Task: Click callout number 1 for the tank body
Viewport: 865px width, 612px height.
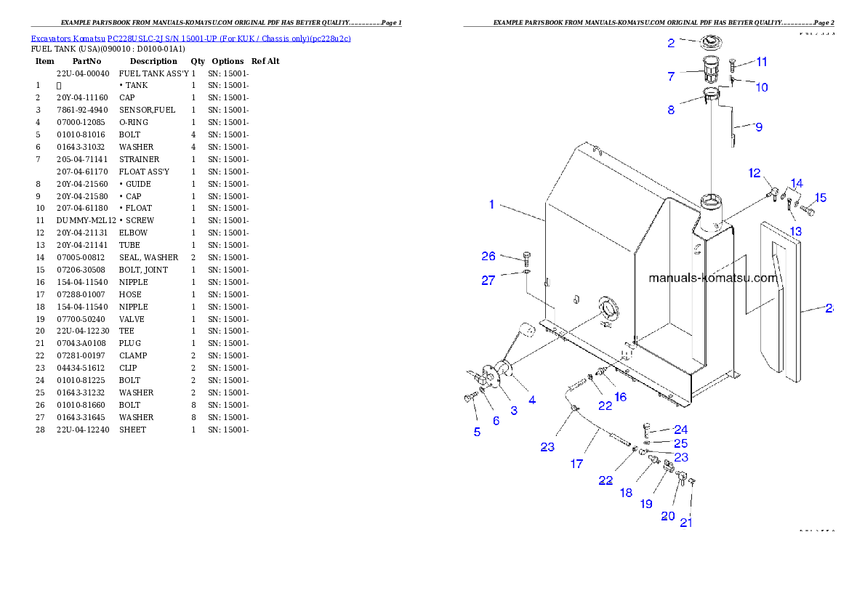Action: [x=491, y=204]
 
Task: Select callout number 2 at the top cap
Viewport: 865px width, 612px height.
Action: [x=671, y=43]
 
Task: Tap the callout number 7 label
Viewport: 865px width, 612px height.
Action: [x=671, y=76]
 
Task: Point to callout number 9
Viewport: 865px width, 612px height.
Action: [x=758, y=127]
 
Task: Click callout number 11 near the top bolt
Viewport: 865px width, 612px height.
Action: [x=761, y=62]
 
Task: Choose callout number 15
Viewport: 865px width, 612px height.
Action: [x=820, y=197]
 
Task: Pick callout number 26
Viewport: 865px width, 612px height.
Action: [x=488, y=256]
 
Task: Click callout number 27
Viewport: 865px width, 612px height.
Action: [x=488, y=281]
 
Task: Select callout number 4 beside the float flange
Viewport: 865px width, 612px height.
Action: [x=532, y=400]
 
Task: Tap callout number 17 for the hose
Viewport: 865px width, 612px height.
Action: [x=576, y=463]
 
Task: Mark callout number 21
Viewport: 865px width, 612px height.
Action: [x=685, y=522]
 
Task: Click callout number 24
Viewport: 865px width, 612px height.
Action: [x=680, y=430]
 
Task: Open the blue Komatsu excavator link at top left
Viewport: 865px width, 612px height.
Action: [x=190, y=38]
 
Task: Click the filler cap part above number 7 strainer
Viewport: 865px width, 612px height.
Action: [x=710, y=43]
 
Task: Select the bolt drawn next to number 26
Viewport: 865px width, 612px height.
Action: [x=527, y=257]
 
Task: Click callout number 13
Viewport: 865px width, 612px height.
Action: [x=796, y=231]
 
